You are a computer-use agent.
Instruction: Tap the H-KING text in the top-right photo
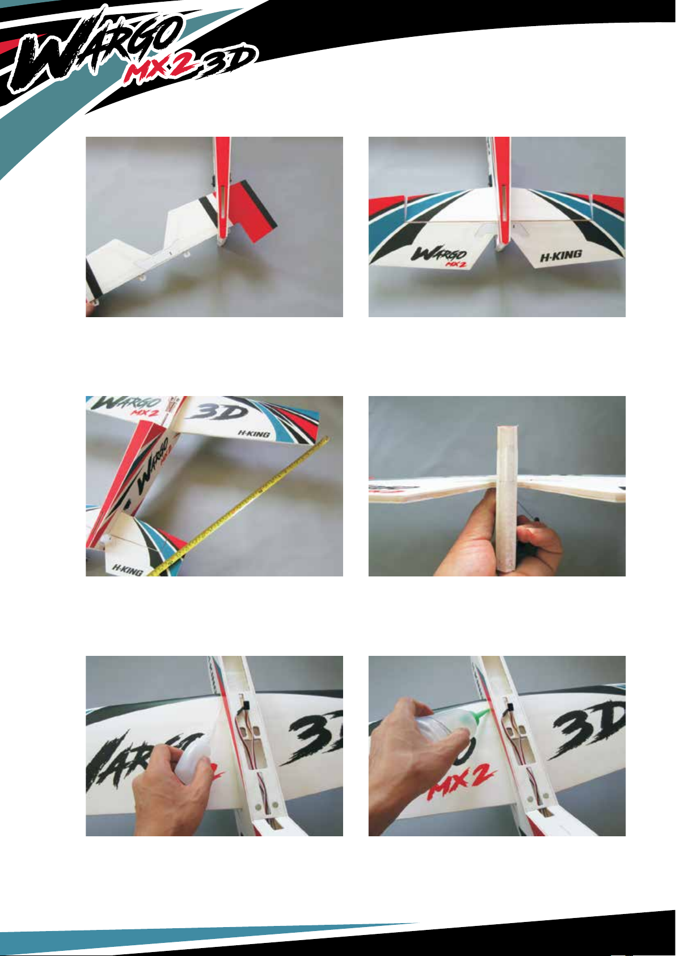click(x=561, y=256)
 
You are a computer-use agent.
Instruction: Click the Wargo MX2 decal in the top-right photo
click(x=440, y=256)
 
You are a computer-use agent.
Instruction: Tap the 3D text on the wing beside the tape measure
click(x=218, y=412)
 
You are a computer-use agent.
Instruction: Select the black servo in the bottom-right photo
click(x=510, y=709)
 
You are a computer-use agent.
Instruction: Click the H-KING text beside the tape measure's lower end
click(x=127, y=570)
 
